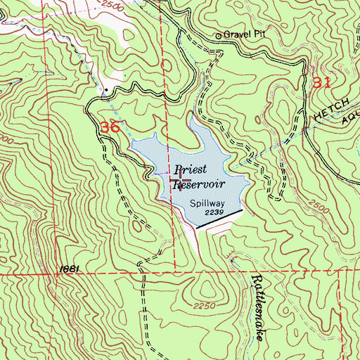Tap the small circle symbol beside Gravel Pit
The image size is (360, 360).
[x=218, y=34]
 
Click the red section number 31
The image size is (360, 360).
[x=321, y=82]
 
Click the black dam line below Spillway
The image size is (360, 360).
[x=219, y=219]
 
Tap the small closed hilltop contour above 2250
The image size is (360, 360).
[x=209, y=285]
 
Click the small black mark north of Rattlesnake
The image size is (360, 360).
[x=233, y=259]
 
